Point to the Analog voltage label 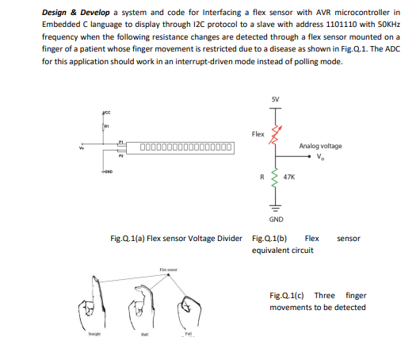click(x=320, y=146)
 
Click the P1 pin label click(x=121, y=141)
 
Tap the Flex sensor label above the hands click(x=168, y=270)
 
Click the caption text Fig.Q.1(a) click(x=128, y=238)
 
